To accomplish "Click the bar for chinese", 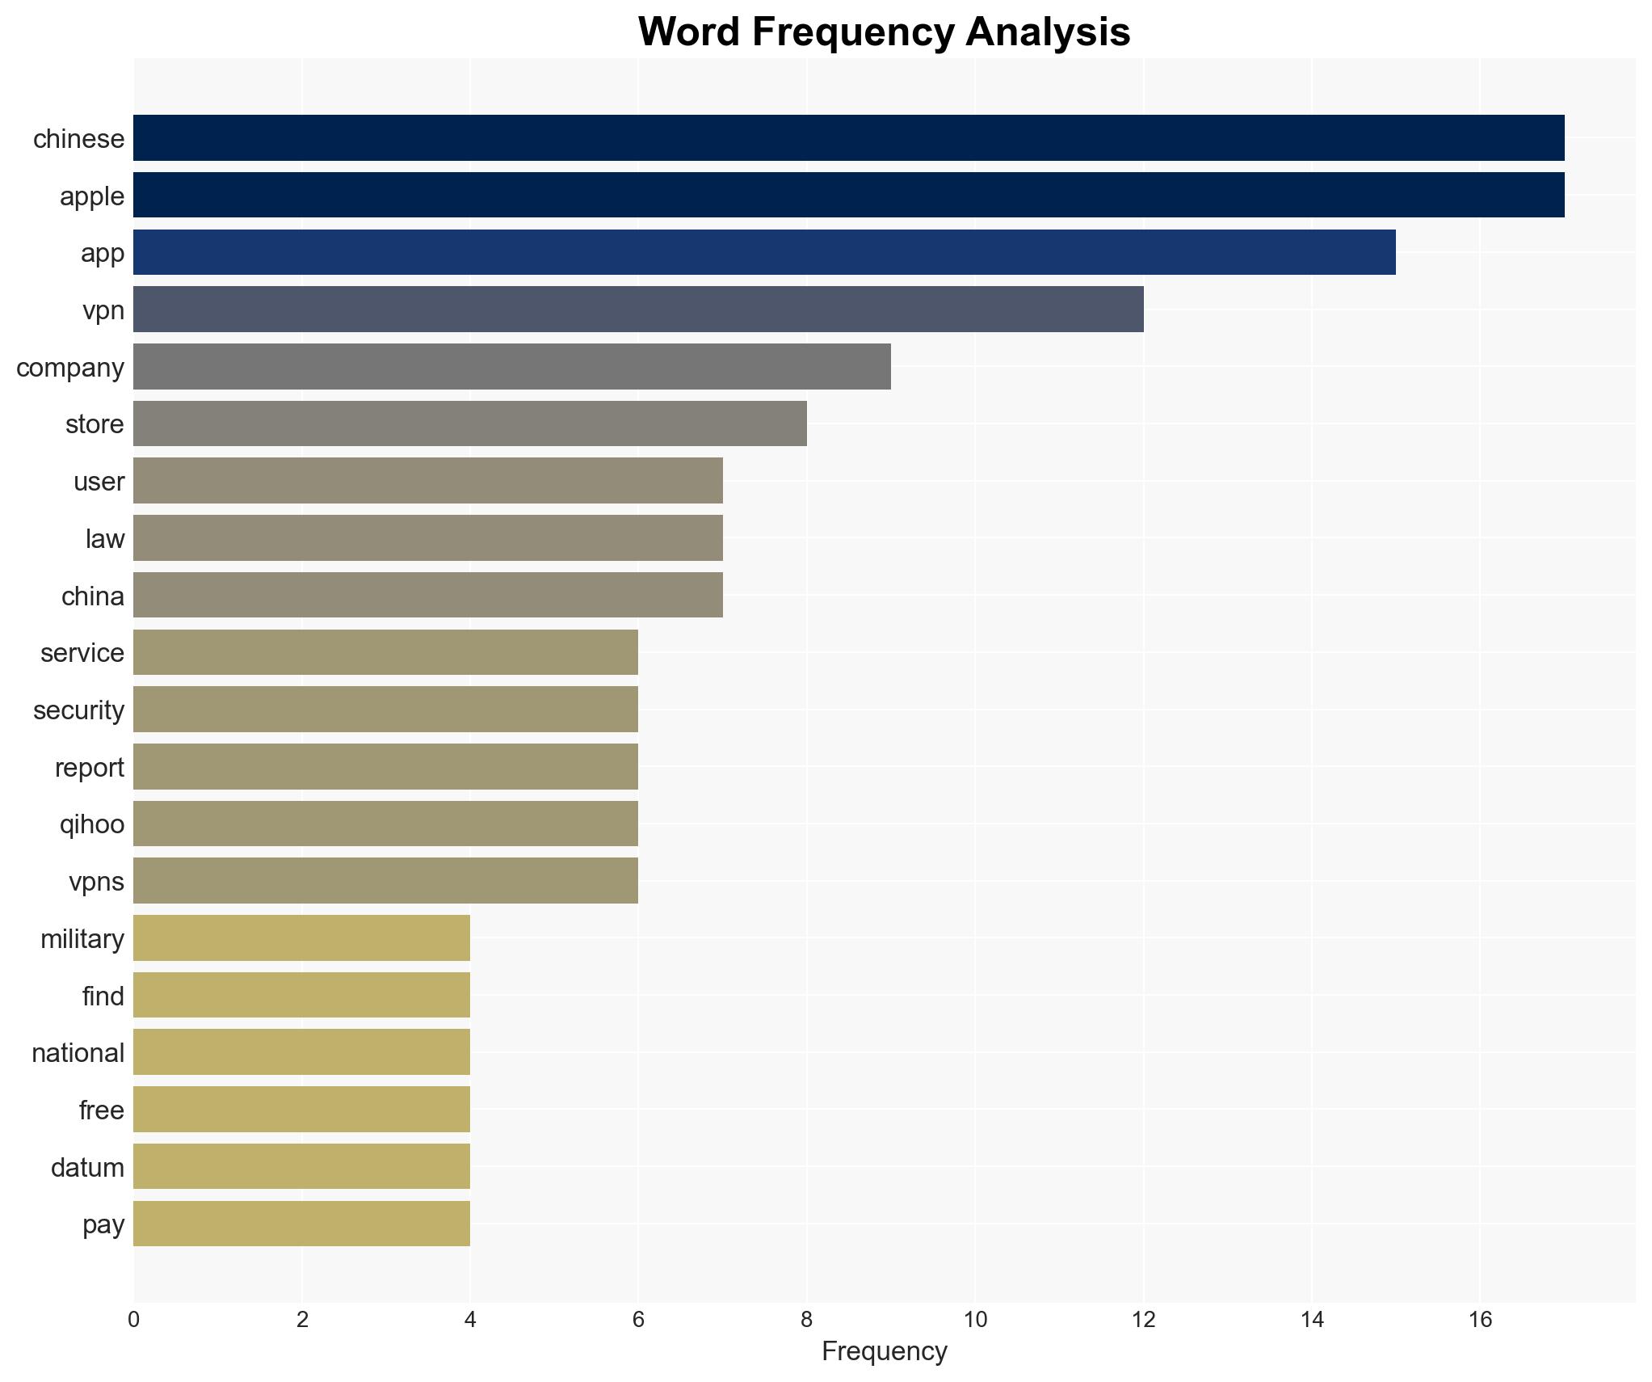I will click(848, 138).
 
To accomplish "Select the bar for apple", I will click(848, 196).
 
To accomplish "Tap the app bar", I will click(763, 252).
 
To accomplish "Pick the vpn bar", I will click(638, 310).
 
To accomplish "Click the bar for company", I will click(511, 367).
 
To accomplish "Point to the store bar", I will click(469, 423).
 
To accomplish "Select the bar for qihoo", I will click(385, 824).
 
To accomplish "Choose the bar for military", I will click(301, 938).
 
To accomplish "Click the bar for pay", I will click(301, 1224).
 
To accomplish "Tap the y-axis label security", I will click(78, 710).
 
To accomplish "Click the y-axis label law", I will click(105, 539).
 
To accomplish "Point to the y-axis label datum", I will click(87, 1168).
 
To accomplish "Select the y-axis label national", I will click(78, 1053).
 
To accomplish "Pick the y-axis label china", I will click(93, 596).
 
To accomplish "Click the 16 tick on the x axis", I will click(1480, 1320).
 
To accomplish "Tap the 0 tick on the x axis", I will click(133, 1320).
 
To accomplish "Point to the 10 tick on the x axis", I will click(975, 1320).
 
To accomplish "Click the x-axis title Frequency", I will click(884, 1351).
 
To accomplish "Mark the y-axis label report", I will click(90, 768).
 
